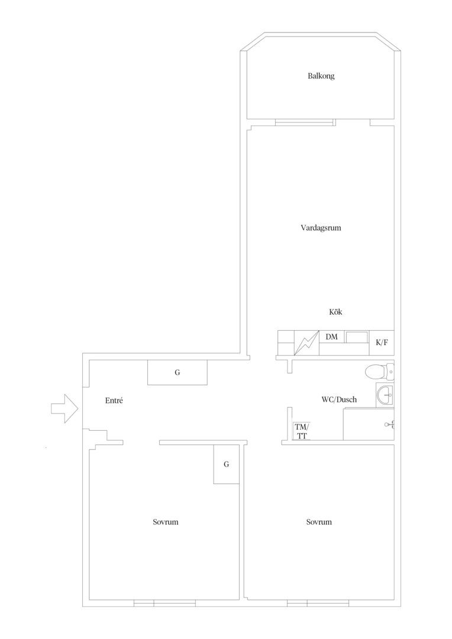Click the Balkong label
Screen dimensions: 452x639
321,76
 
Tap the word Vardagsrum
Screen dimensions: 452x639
321,228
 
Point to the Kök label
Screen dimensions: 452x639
335,312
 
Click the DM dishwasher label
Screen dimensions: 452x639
331,337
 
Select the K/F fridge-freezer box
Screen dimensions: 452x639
382,343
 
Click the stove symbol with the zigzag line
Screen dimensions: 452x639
306,343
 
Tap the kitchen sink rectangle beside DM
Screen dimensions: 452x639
357,337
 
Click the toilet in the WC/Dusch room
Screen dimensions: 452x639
379,372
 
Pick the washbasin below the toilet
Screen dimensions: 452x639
385,395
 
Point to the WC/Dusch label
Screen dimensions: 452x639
339,400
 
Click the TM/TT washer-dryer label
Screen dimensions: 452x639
302,431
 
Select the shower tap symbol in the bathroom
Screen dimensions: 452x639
389,425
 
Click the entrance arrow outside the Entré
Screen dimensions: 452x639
64,408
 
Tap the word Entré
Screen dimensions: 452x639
114,401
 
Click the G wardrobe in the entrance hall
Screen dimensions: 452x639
177,372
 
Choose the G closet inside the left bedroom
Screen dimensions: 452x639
226,464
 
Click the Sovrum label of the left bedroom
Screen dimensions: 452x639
166,522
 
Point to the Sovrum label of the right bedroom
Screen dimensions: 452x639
319,522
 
